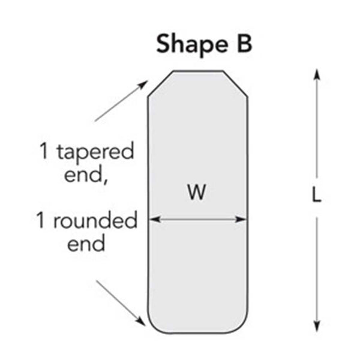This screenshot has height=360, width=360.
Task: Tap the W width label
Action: click(197, 192)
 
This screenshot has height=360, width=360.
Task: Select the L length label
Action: click(317, 194)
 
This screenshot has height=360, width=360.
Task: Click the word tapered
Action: click(95, 152)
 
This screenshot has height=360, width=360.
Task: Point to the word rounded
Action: click(95, 220)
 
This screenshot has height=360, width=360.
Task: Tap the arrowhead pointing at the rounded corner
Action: click(141, 322)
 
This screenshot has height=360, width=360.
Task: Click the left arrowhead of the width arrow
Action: click(154, 220)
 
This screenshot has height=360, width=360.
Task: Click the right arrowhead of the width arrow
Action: click(241, 220)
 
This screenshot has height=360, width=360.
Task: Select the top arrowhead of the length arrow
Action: click(317, 74)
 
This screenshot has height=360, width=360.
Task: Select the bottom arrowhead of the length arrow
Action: click(317, 326)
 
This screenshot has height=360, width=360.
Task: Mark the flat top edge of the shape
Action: click(198, 71)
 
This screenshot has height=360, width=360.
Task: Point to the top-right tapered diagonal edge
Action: click(235, 83)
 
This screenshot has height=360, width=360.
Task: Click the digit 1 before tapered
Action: click(44, 151)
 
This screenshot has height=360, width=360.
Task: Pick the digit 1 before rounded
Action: click(40, 220)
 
